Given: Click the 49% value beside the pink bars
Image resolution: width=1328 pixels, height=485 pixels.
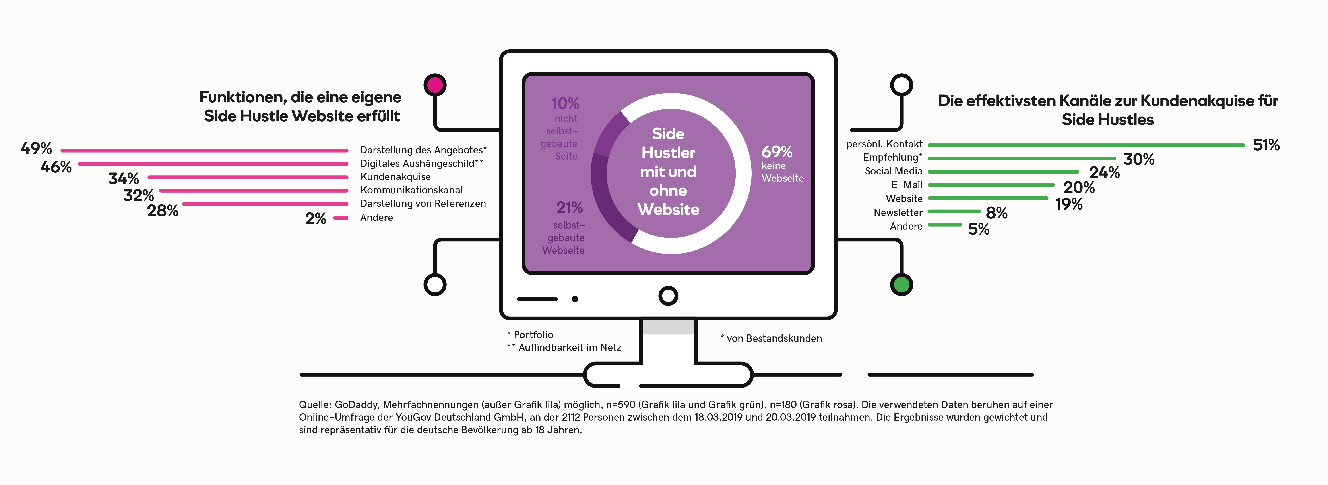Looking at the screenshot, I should click(x=36, y=148).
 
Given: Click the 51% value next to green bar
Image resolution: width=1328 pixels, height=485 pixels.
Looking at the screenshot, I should click(x=1266, y=145).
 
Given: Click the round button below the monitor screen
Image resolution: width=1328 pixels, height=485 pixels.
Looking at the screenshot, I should click(x=668, y=296).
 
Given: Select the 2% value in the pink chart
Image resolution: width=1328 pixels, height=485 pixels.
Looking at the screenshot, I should click(x=316, y=219).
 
